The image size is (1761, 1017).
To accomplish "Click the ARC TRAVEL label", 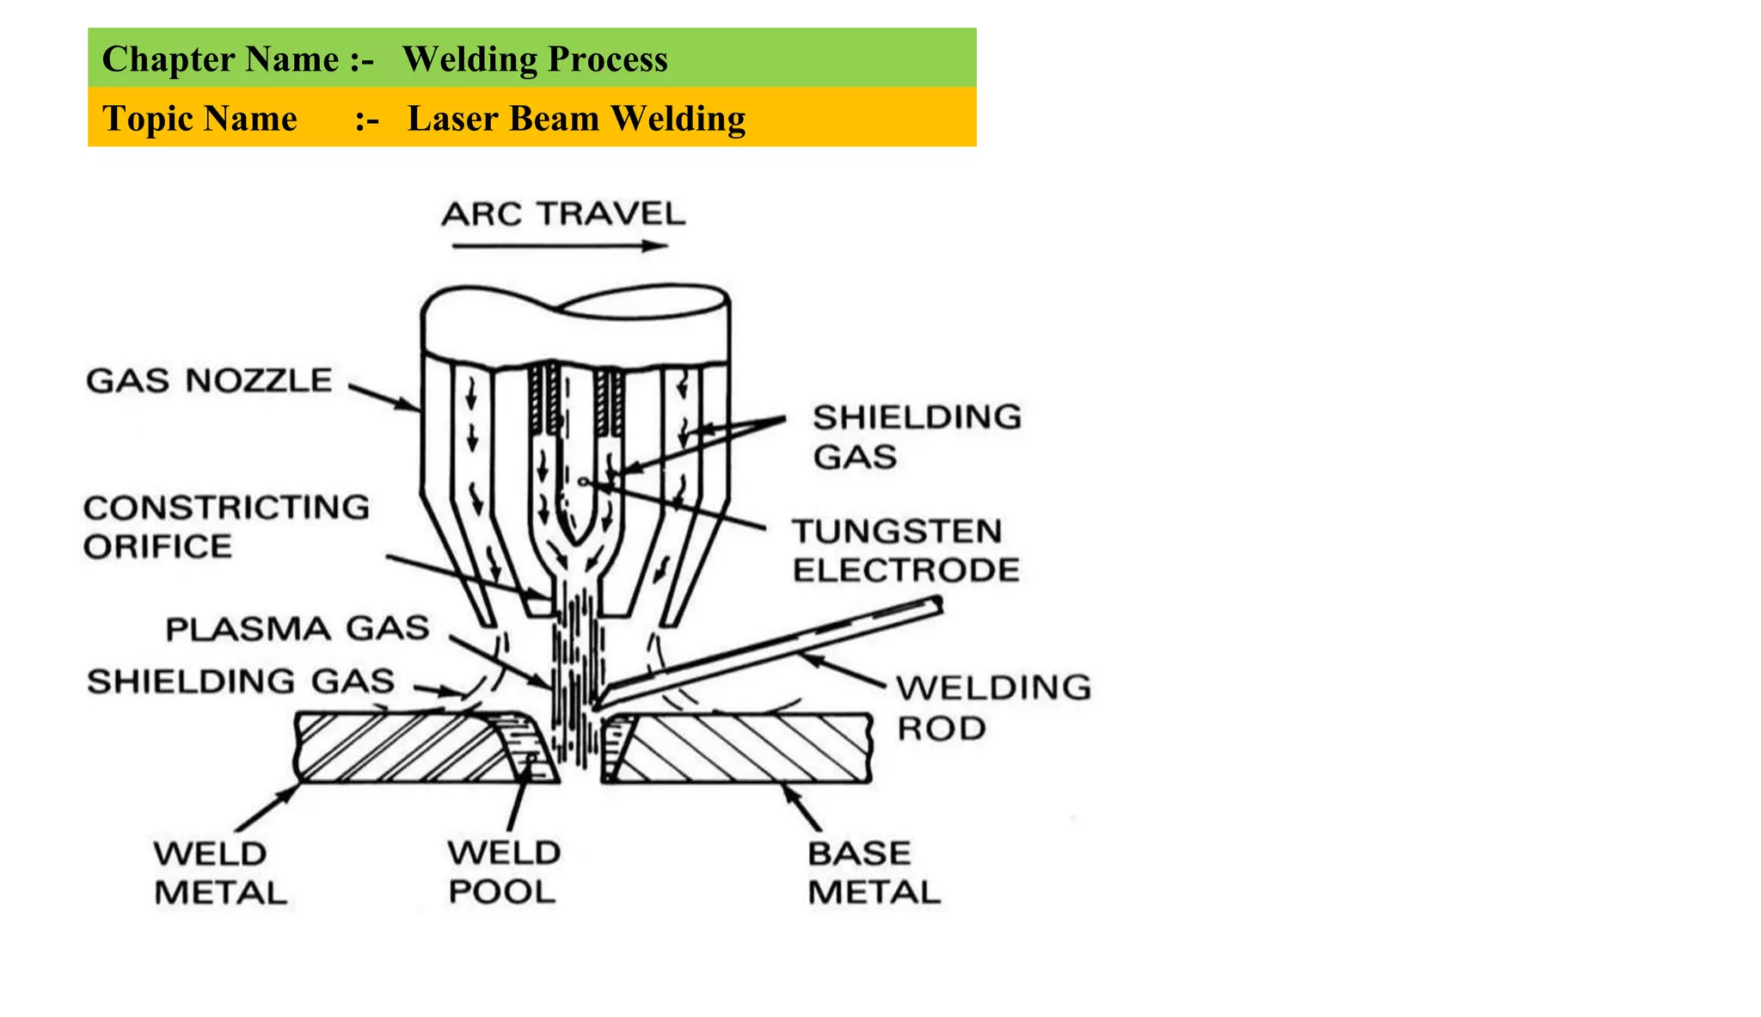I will (x=563, y=213).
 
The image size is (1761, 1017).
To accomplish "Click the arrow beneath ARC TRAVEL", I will (x=559, y=246).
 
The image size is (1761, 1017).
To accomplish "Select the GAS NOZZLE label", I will (x=209, y=380).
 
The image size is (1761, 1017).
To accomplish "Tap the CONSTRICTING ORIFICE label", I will (x=226, y=527).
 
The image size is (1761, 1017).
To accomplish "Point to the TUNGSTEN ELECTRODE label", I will (x=905, y=551).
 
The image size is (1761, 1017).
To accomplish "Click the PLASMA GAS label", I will (x=298, y=629).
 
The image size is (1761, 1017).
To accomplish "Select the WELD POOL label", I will (x=504, y=872).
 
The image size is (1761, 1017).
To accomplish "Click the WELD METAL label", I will (x=220, y=873).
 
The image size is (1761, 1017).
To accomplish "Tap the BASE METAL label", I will (x=874, y=872).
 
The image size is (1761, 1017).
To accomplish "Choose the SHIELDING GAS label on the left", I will (x=241, y=681).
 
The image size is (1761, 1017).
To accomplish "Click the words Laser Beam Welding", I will (x=576, y=118).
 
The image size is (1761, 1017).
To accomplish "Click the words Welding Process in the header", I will (x=535, y=59).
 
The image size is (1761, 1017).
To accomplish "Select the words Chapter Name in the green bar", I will (x=220, y=59).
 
